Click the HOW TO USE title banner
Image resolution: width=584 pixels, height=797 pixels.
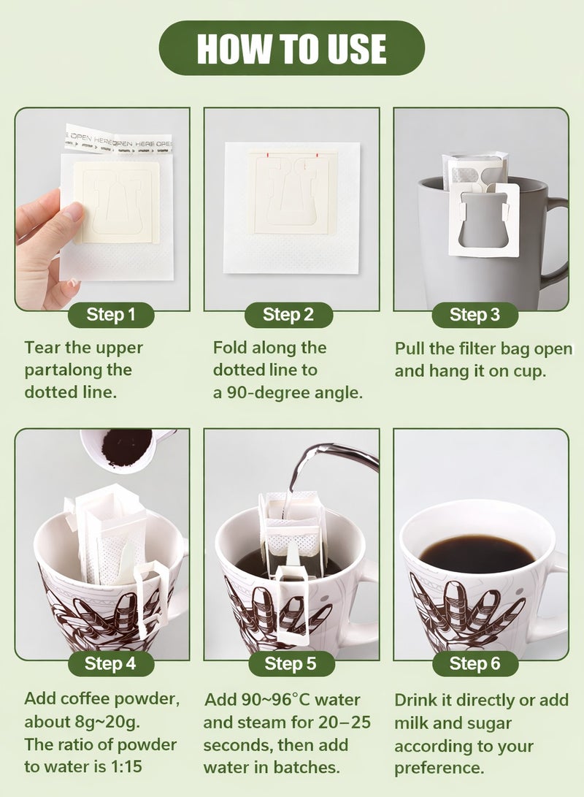point(291,48)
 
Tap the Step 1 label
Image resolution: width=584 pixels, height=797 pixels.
point(111,315)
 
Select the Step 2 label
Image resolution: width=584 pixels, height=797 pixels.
point(288,315)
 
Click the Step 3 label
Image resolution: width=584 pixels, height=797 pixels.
point(474,315)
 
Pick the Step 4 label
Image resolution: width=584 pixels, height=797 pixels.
point(110,663)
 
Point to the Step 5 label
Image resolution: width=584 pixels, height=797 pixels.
point(290,663)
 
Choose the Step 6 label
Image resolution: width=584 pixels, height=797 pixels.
point(474,663)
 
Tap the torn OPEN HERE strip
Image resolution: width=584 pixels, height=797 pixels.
point(118,138)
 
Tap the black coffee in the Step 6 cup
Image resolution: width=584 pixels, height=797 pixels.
point(477,553)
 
